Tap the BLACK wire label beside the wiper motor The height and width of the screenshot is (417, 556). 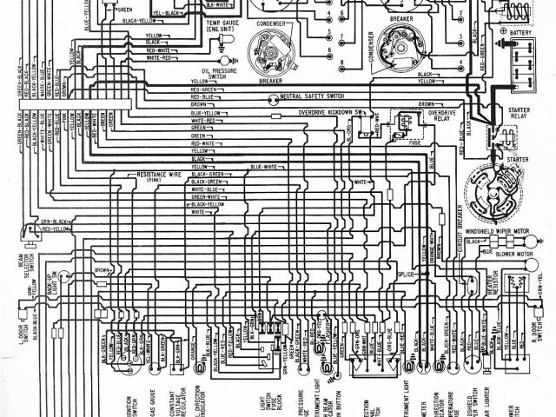[x=474, y=242]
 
